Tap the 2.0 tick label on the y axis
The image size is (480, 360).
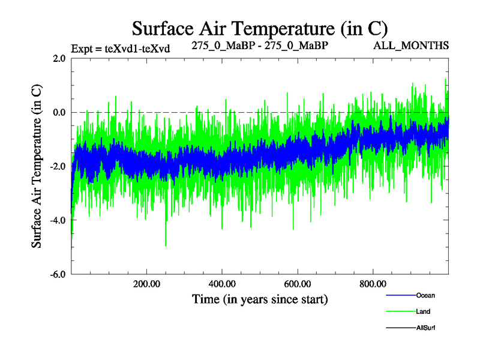click(x=59, y=59)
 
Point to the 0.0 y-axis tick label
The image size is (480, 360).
click(x=59, y=113)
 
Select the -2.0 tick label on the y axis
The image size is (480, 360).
click(x=58, y=167)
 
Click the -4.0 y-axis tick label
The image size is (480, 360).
click(x=58, y=221)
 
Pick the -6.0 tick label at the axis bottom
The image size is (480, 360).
click(x=58, y=275)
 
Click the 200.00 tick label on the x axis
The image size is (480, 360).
click(x=146, y=284)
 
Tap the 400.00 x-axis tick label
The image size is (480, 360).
click(x=222, y=284)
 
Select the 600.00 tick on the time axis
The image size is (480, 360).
click(x=298, y=284)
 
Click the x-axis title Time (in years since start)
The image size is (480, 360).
click(x=260, y=298)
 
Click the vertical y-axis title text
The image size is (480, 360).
click(x=37, y=165)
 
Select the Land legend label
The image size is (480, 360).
click(x=423, y=312)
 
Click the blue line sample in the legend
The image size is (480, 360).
click(x=400, y=296)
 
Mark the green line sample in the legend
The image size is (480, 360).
click(x=400, y=312)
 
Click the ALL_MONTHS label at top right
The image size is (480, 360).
click(x=411, y=46)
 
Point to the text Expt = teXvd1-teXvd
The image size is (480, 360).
click(x=121, y=49)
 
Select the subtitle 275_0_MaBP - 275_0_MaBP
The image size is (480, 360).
click(x=260, y=46)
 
